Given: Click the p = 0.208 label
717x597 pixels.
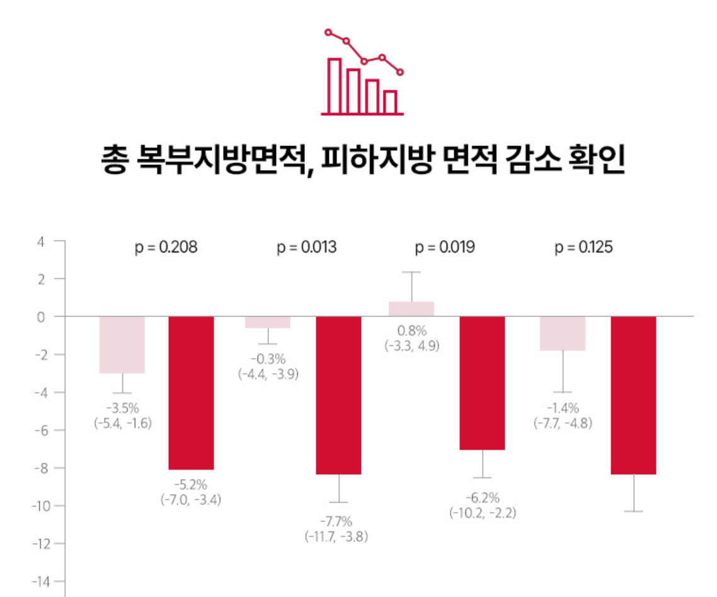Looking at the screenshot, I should [166, 247].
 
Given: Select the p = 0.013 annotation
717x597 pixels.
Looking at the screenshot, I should [307, 247].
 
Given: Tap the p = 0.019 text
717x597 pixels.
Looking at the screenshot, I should [445, 247].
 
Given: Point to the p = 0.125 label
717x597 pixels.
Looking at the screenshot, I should [584, 247].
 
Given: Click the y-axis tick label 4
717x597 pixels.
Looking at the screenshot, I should [41, 241].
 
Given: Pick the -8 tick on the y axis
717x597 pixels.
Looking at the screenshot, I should [39, 468].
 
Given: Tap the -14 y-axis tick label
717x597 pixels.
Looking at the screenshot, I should [38, 581].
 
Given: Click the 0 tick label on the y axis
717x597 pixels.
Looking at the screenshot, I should [41, 317].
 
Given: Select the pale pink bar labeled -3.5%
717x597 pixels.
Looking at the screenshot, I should [122, 345].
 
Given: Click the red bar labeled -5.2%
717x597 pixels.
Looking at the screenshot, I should [191, 393].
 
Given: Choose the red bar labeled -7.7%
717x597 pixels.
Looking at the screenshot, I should [338, 395].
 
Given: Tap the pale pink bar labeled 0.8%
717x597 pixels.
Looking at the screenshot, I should [411, 309].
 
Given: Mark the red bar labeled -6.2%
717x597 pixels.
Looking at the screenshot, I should [482, 383].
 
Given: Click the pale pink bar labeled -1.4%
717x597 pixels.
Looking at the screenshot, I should [563, 333].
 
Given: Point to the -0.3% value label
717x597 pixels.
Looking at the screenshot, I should [268, 360].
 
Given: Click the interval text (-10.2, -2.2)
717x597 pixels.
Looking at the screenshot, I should [483, 513].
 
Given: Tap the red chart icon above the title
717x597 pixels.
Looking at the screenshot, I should [363, 72].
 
